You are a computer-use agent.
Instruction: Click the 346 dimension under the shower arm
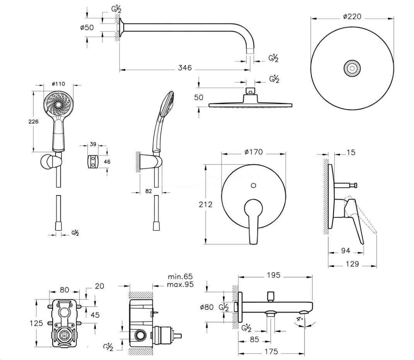point(185,68)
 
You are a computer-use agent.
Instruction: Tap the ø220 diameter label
point(352,17)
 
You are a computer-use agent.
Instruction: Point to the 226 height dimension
point(34,121)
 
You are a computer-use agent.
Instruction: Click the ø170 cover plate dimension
point(254,152)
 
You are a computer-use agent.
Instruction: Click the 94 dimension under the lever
point(346,251)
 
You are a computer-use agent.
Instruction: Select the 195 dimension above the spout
point(276,275)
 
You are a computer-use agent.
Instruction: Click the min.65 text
point(180,277)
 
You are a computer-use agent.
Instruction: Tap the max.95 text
point(180,285)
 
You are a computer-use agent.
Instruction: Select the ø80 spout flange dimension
point(206,307)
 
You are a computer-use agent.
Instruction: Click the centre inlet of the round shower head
point(352,68)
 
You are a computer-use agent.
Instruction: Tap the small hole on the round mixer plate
point(253,186)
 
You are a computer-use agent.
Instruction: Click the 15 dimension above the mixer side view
point(351,153)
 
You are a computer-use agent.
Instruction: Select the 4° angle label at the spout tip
point(300,319)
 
